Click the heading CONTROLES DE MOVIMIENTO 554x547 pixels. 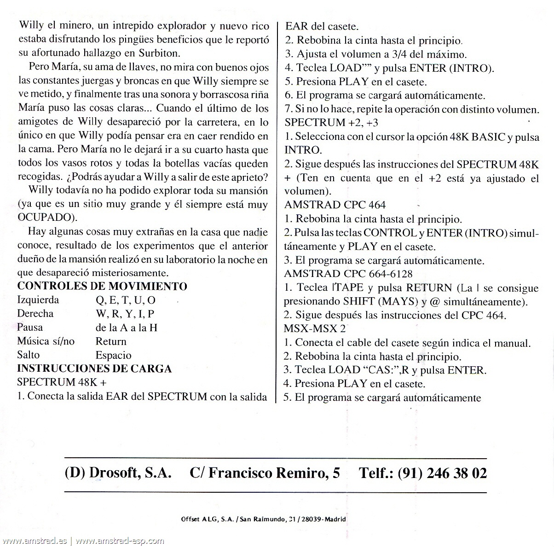[x=102, y=286]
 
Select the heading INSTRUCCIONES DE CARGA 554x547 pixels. [x=94, y=369]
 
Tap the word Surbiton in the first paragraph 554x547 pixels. [x=157, y=53]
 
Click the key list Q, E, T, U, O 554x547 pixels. [x=125, y=300]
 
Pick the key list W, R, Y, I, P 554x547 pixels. [x=125, y=314]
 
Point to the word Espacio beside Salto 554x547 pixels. [x=113, y=355]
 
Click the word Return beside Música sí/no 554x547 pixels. [x=111, y=341]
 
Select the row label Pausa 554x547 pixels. [x=30, y=328]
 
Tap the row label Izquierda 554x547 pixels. [x=38, y=300]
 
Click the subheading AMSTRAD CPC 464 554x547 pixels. [x=335, y=205]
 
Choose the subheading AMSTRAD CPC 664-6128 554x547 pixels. [x=348, y=274]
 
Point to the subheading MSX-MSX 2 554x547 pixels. [x=315, y=329]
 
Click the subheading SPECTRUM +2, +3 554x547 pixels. [x=328, y=122]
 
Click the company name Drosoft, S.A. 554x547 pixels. [x=130, y=473]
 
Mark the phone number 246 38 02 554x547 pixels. [x=456, y=473]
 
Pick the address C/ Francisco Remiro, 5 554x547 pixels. [x=265, y=473]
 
